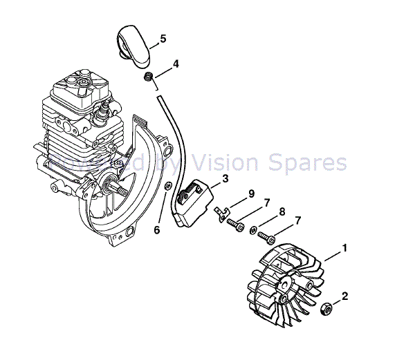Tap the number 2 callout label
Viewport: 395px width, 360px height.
[x=345, y=297]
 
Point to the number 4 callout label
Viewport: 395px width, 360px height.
[x=176, y=64]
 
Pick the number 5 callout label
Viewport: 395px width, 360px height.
[x=163, y=39]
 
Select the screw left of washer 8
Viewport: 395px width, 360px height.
[x=237, y=225]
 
